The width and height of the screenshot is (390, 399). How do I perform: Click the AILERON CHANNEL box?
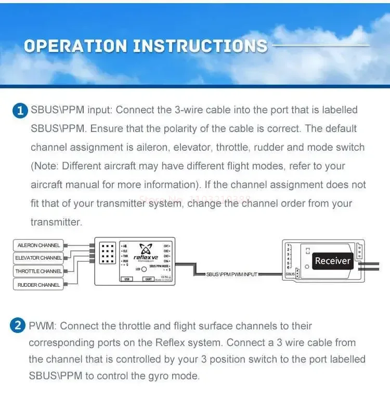(x=38, y=245)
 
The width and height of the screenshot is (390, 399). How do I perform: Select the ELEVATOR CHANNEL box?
(x=38, y=258)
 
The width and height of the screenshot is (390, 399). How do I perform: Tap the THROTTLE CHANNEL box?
(x=38, y=271)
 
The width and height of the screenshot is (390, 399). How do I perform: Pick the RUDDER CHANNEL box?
(x=38, y=285)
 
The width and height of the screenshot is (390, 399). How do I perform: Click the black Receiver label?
(x=332, y=261)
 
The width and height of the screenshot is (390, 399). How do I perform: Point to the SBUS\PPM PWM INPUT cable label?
(x=231, y=274)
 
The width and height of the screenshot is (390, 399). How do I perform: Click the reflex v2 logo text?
(x=146, y=257)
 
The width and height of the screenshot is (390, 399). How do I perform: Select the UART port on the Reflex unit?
(x=148, y=279)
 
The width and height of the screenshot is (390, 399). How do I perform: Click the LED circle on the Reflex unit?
(x=143, y=269)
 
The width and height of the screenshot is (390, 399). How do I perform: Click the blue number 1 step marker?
(x=20, y=110)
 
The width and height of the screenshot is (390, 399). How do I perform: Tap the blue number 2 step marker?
(x=18, y=326)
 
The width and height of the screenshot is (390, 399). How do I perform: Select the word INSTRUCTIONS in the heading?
(x=200, y=46)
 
